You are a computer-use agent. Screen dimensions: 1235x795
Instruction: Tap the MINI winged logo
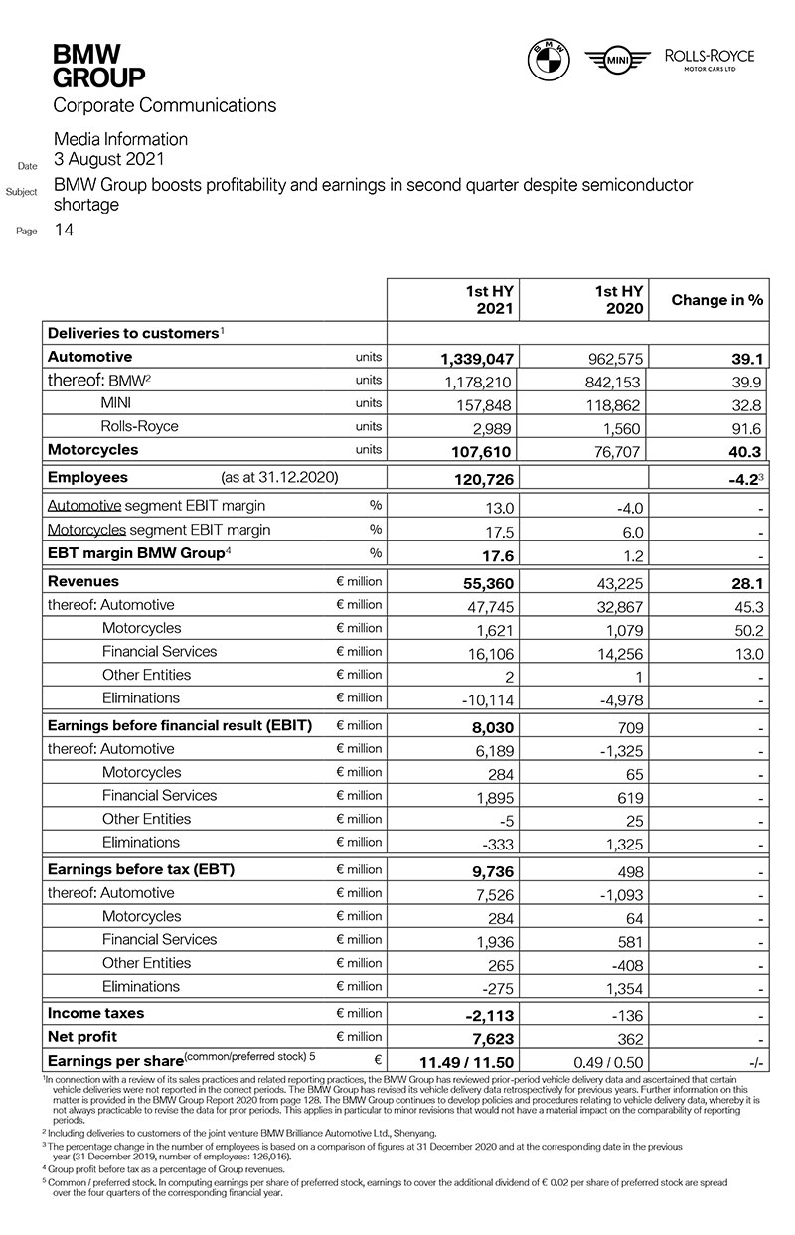(x=616, y=62)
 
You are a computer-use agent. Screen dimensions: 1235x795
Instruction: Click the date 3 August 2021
(x=109, y=159)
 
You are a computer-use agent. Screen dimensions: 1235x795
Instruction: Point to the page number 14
(x=63, y=231)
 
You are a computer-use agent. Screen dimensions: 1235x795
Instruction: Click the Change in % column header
(x=717, y=300)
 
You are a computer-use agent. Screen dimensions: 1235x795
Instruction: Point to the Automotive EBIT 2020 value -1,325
(x=621, y=750)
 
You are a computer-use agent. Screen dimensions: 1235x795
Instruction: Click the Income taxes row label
(x=96, y=1013)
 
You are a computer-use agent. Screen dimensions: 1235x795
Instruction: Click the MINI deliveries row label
(x=117, y=403)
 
